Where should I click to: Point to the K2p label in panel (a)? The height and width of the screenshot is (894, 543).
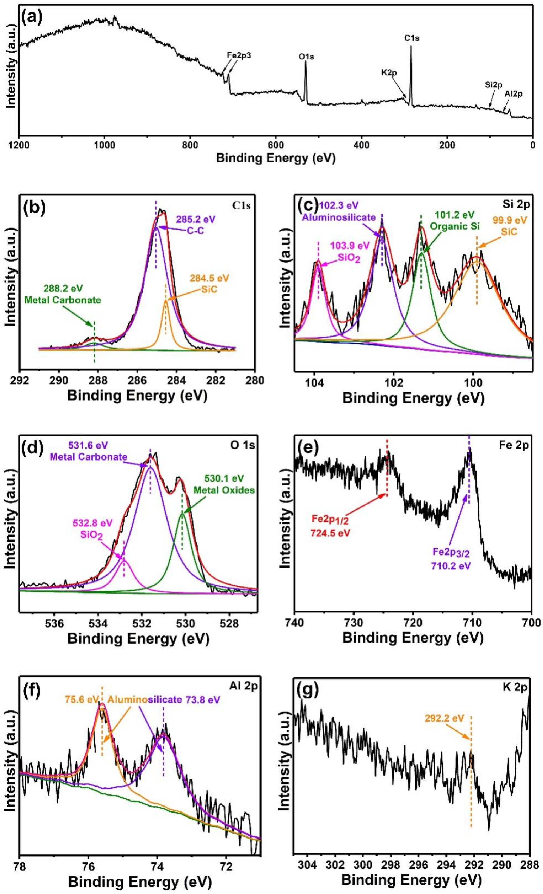389,73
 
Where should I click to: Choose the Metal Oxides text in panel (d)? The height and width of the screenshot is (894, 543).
224,490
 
